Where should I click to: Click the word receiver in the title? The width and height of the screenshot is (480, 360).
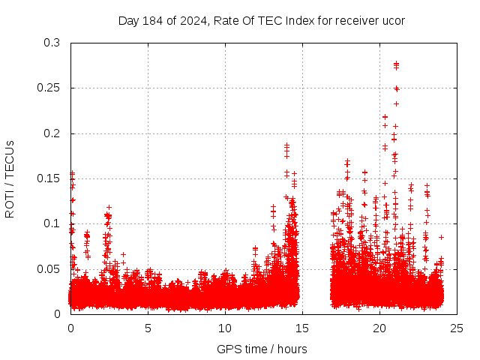tap(356, 20)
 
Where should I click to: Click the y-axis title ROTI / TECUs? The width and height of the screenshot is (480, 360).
tap(10, 178)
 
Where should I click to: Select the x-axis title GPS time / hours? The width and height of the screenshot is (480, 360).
tap(262, 349)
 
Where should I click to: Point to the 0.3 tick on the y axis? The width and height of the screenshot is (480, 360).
tap(52, 43)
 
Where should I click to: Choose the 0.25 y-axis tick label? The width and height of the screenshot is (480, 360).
tap(49, 88)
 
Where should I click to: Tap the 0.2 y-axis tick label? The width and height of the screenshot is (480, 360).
tap(52, 133)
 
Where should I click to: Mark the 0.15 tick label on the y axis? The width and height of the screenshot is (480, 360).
tap(49, 178)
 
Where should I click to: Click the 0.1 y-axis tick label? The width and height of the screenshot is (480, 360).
tap(52, 223)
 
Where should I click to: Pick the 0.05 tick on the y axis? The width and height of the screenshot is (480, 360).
tap(49, 268)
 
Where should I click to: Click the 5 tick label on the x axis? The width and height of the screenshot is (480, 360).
tap(148, 328)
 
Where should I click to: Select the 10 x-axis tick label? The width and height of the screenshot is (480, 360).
tap(225, 328)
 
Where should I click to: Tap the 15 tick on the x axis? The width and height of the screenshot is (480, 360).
tap(302, 328)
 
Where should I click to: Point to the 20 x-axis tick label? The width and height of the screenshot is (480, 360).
tap(379, 328)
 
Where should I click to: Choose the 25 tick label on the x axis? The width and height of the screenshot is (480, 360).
tap(457, 328)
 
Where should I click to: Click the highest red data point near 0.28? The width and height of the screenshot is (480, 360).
tap(396, 64)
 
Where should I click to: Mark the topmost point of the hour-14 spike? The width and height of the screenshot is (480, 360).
tap(286, 145)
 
